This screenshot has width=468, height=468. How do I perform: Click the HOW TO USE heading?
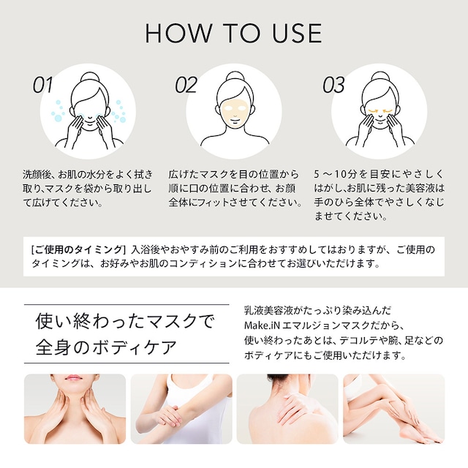233,33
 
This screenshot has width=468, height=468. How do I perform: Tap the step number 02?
186,86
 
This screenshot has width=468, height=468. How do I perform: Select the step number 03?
333,86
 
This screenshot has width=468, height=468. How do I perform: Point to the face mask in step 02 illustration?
234,107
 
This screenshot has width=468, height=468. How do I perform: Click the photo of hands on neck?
75,409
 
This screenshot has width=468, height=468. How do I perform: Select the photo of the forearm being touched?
181,409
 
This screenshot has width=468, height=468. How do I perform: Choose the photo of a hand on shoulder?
287,409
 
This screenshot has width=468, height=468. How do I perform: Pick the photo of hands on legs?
393,409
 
